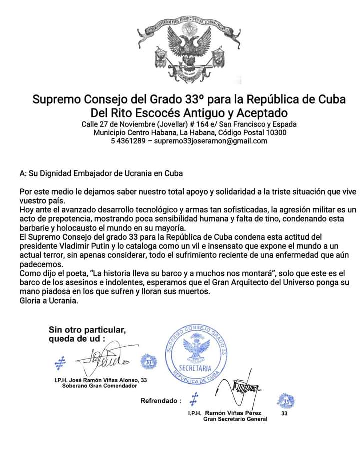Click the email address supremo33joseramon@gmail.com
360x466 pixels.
point(210,141)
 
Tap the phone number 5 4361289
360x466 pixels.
point(129,141)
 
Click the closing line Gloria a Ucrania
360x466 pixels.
point(49,301)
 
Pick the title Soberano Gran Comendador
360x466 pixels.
point(99,386)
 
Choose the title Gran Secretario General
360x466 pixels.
point(235,419)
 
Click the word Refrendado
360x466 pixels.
point(159,401)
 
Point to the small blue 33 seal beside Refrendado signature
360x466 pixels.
point(286,401)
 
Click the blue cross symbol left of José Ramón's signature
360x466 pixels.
point(61,361)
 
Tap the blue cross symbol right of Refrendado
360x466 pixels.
point(194,399)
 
